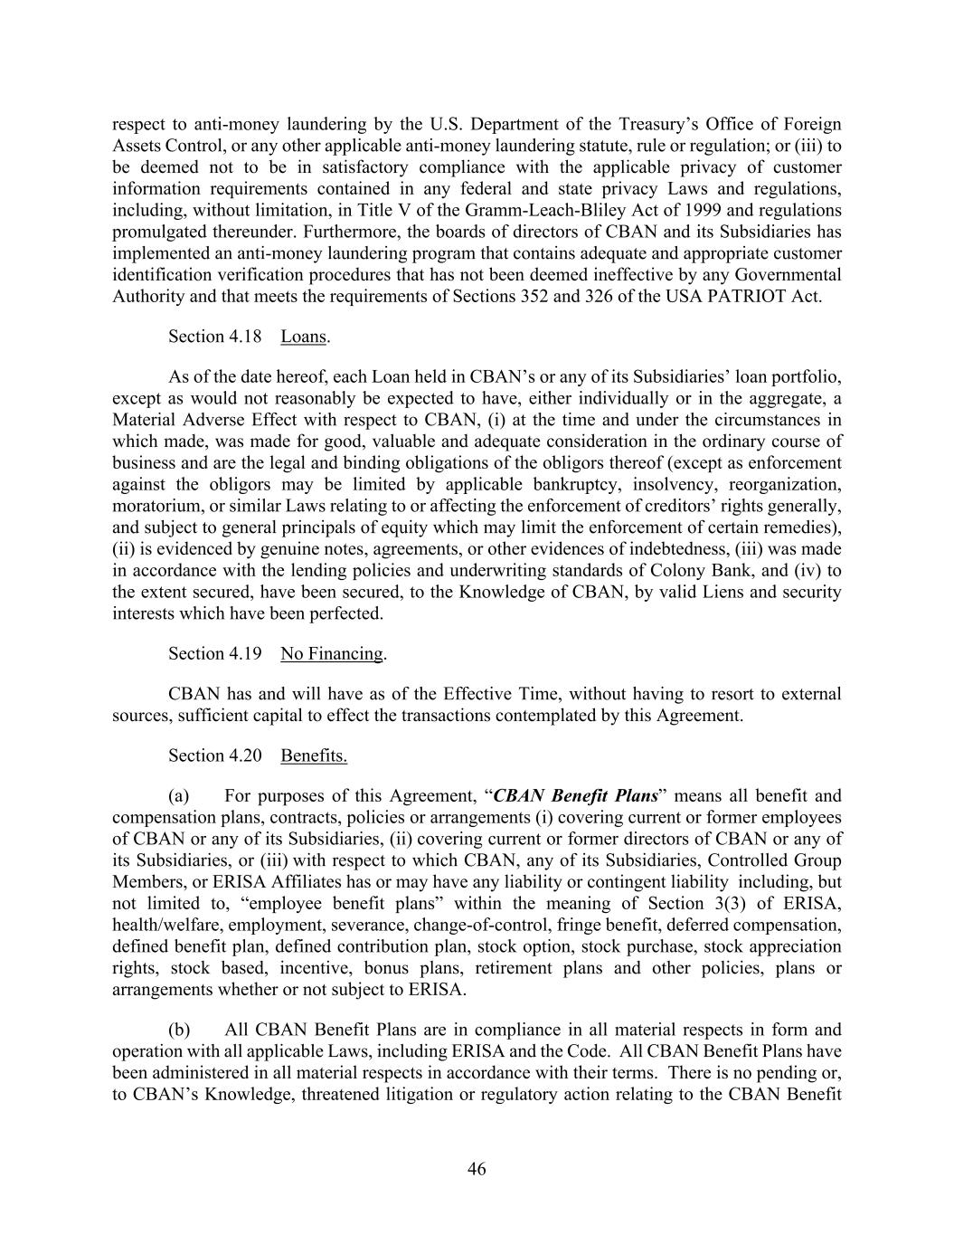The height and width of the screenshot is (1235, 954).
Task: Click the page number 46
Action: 477,1169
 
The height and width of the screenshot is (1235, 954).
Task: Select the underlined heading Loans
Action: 303,337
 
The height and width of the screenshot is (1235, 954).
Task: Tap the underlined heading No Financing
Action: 332,654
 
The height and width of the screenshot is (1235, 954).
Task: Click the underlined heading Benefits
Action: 314,755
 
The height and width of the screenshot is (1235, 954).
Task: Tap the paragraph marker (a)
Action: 179,796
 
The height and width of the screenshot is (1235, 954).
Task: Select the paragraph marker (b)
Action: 179,1030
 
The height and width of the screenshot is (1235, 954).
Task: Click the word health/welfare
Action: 166,925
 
